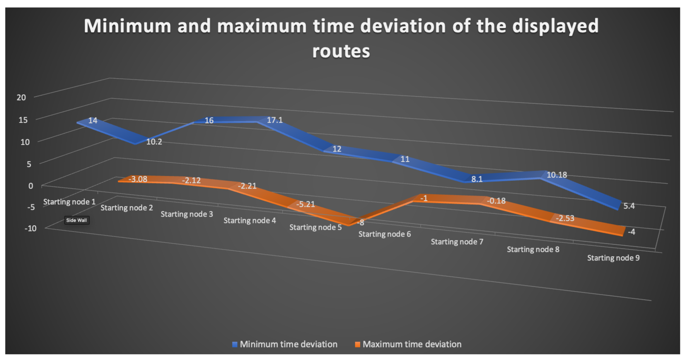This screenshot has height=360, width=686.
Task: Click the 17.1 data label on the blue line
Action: [274, 120]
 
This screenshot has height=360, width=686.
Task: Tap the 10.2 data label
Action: [154, 142]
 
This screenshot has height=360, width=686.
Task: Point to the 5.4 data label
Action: [629, 206]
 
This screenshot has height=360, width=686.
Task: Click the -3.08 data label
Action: [138, 179]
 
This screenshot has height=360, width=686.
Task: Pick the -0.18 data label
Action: [496, 201]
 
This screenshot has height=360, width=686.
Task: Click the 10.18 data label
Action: [557, 175]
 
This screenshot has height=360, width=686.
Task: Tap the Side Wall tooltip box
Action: [77, 220]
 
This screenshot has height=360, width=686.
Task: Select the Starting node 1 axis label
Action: [69, 202]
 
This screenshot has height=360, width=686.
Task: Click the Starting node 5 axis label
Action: [315, 227]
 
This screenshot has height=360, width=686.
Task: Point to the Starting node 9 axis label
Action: [613, 258]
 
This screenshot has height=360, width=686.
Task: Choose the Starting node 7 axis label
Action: [457, 242]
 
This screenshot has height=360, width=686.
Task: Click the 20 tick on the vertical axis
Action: [21, 98]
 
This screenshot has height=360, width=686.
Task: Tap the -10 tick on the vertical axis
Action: [30, 228]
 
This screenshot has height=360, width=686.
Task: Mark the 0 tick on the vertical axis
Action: [31, 186]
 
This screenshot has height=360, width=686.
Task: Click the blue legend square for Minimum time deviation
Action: [235, 344]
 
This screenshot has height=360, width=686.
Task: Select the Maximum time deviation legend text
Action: [412, 344]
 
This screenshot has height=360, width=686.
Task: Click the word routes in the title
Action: [341, 51]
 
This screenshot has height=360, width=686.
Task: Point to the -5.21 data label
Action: [306, 204]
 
